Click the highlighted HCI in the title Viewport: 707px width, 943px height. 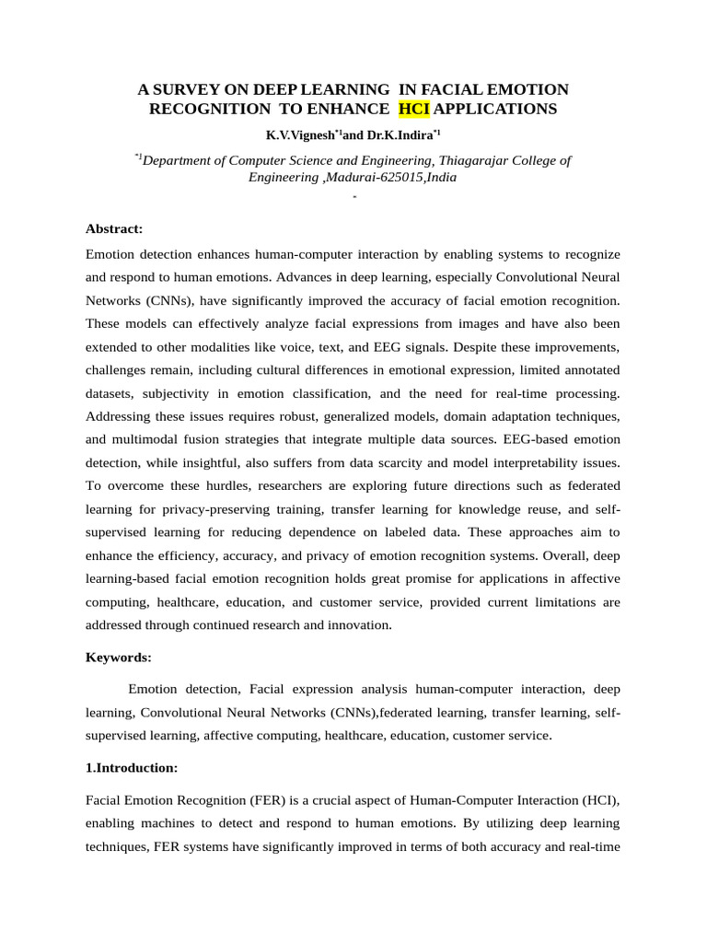point(414,110)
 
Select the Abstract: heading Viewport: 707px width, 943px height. point(114,228)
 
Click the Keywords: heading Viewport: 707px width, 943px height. point(118,658)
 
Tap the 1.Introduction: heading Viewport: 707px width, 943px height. point(132,767)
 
